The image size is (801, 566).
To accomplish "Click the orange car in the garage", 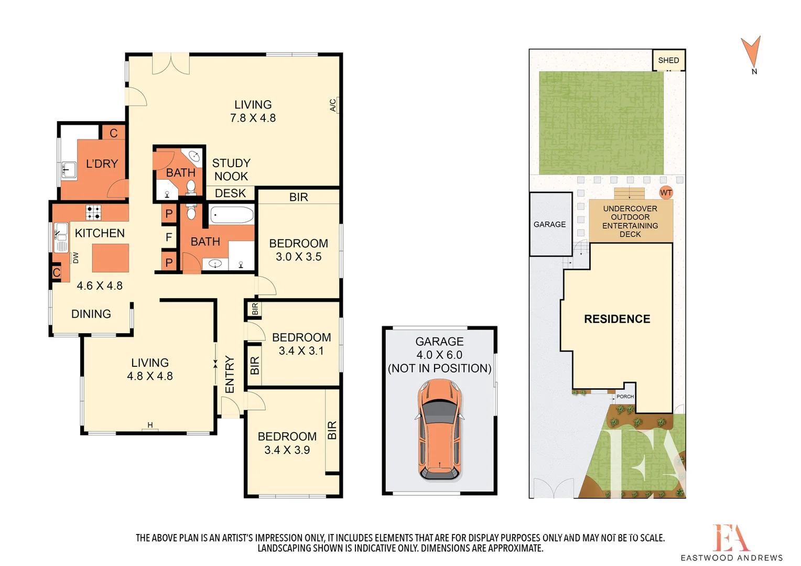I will click(x=439, y=429).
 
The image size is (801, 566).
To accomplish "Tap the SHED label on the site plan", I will click(x=668, y=60).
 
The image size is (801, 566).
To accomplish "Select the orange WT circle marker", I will click(x=666, y=193).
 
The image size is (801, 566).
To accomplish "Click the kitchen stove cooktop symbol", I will click(x=94, y=212).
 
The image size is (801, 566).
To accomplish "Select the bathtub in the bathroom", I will click(x=232, y=215).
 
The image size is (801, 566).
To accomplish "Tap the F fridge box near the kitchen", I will click(x=169, y=237).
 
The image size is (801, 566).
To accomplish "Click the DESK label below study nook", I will click(x=230, y=193).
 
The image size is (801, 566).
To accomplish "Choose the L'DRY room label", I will click(x=102, y=164).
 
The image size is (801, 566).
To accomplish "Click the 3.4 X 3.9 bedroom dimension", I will click(x=287, y=450).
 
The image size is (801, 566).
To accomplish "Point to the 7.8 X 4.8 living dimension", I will click(x=253, y=118).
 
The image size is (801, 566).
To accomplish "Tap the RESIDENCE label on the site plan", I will click(x=617, y=319).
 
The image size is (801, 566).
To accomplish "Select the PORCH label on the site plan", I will click(x=625, y=397).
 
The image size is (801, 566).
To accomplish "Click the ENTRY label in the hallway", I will click(x=230, y=374).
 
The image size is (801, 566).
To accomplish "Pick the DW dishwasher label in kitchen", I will click(x=76, y=258).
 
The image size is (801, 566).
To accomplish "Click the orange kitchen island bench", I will click(x=111, y=258).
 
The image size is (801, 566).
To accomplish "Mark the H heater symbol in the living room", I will click(x=150, y=426).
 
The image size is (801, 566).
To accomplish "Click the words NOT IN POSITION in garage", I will click(x=439, y=368).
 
